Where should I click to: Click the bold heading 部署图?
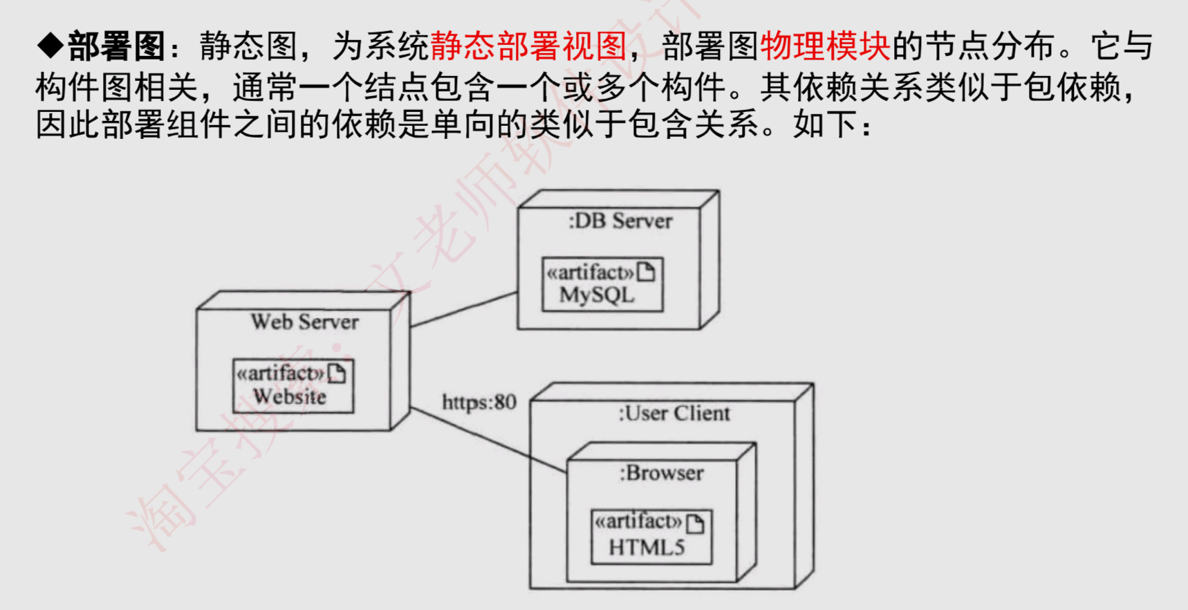pyautogui.click(x=116, y=47)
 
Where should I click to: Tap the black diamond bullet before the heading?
pyautogui.click(x=50, y=46)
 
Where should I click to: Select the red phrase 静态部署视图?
pyautogui.click(x=528, y=47)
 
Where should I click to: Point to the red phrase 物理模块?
pyautogui.click(x=825, y=47)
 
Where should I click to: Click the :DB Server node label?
pyautogui.click(x=620, y=221)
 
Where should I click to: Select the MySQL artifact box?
pyautogui.click(x=602, y=284)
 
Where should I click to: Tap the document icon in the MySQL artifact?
pyautogui.click(x=646, y=272)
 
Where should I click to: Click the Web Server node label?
pyautogui.click(x=304, y=322)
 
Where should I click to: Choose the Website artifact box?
pyautogui.click(x=293, y=385)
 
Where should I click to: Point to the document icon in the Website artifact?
pyautogui.click(x=337, y=373)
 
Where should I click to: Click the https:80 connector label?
pyautogui.click(x=479, y=402)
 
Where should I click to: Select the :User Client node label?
pyautogui.click(x=674, y=414)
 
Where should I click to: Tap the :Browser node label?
pyautogui.click(x=662, y=473)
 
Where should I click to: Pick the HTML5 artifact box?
pyautogui.click(x=651, y=537)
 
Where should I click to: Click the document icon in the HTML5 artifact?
pyautogui.click(x=696, y=524)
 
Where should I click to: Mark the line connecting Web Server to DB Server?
pyautogui.click(x=464, y=309)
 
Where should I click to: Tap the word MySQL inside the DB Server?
pyautogui.click(x=597, y=295)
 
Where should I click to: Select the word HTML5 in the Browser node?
pyautogui.click(x=647, y=548)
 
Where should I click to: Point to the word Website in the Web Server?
pyautogui.click(x=290, y=397)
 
